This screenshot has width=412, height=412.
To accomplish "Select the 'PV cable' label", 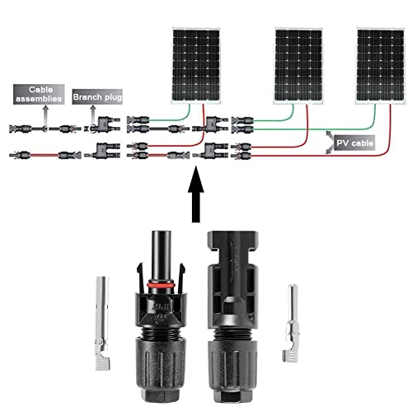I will (354, 143).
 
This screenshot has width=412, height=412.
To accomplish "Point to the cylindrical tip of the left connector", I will (156, 247).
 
